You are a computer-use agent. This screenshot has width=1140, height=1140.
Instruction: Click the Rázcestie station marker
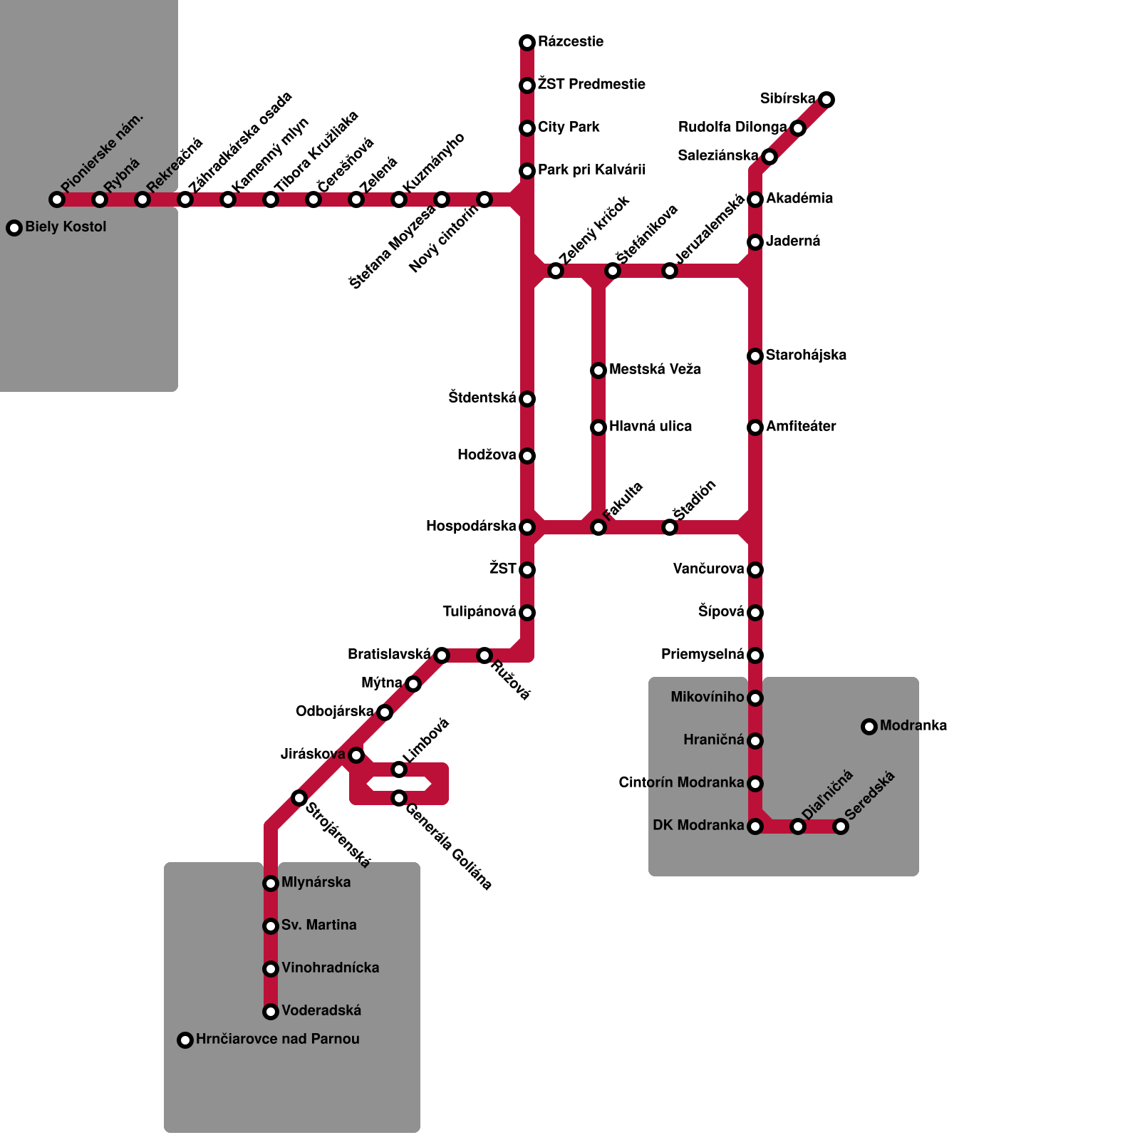pyautogui.click(x=527, y=43)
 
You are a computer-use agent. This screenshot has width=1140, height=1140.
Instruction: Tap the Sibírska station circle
pyautogui.click(x=826, y=100)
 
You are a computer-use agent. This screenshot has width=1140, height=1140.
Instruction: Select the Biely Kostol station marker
pyautogui.click(x=14, y=228)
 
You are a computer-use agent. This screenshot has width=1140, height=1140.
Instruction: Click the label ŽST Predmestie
pyautogui.click(x=591, y=85)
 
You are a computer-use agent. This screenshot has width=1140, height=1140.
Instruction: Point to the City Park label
pyautogui.click(x=569, y=128)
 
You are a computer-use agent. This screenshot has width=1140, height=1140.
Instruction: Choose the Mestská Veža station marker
pyautogui.click(x=598, y=370)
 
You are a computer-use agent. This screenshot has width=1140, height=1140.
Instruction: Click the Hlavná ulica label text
pyautogui.click(x=650, y=427)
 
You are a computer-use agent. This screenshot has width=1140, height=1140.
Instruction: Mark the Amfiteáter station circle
pyautogui.click(x=755, y=427)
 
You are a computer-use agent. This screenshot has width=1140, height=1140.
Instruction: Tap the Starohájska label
pyautogui.click(x=806, y=356)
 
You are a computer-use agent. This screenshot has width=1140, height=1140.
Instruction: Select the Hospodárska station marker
pyautogui.click(x=527, y=527)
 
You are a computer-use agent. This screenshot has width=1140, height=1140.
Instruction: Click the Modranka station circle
pyautogui.click(x=869, y=727)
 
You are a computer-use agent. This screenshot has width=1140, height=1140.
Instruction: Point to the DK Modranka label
pyautogui.click(x=698, y=826)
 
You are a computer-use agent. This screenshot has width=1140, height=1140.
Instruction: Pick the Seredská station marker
pyautogui.click(x=841, y=826)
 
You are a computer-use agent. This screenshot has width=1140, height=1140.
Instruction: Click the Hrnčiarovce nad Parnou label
pyautogui.click(x=277, y=1040)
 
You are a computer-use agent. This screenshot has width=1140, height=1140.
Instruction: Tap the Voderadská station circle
pyautogui.click(x=271, y=1012)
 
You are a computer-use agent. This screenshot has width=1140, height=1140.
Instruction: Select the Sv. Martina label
pyautogui.click(x=318, y=926)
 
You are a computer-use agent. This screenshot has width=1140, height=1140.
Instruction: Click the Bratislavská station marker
pyautogui.click(x=442, y=655)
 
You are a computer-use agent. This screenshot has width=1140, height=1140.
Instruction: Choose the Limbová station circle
pyautogui.click(x=399, y=769)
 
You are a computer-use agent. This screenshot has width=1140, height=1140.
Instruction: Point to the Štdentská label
pyautogui.click(x=482, y=398)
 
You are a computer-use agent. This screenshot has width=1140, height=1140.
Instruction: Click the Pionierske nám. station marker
pyautogui.click(x=57, y=199)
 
